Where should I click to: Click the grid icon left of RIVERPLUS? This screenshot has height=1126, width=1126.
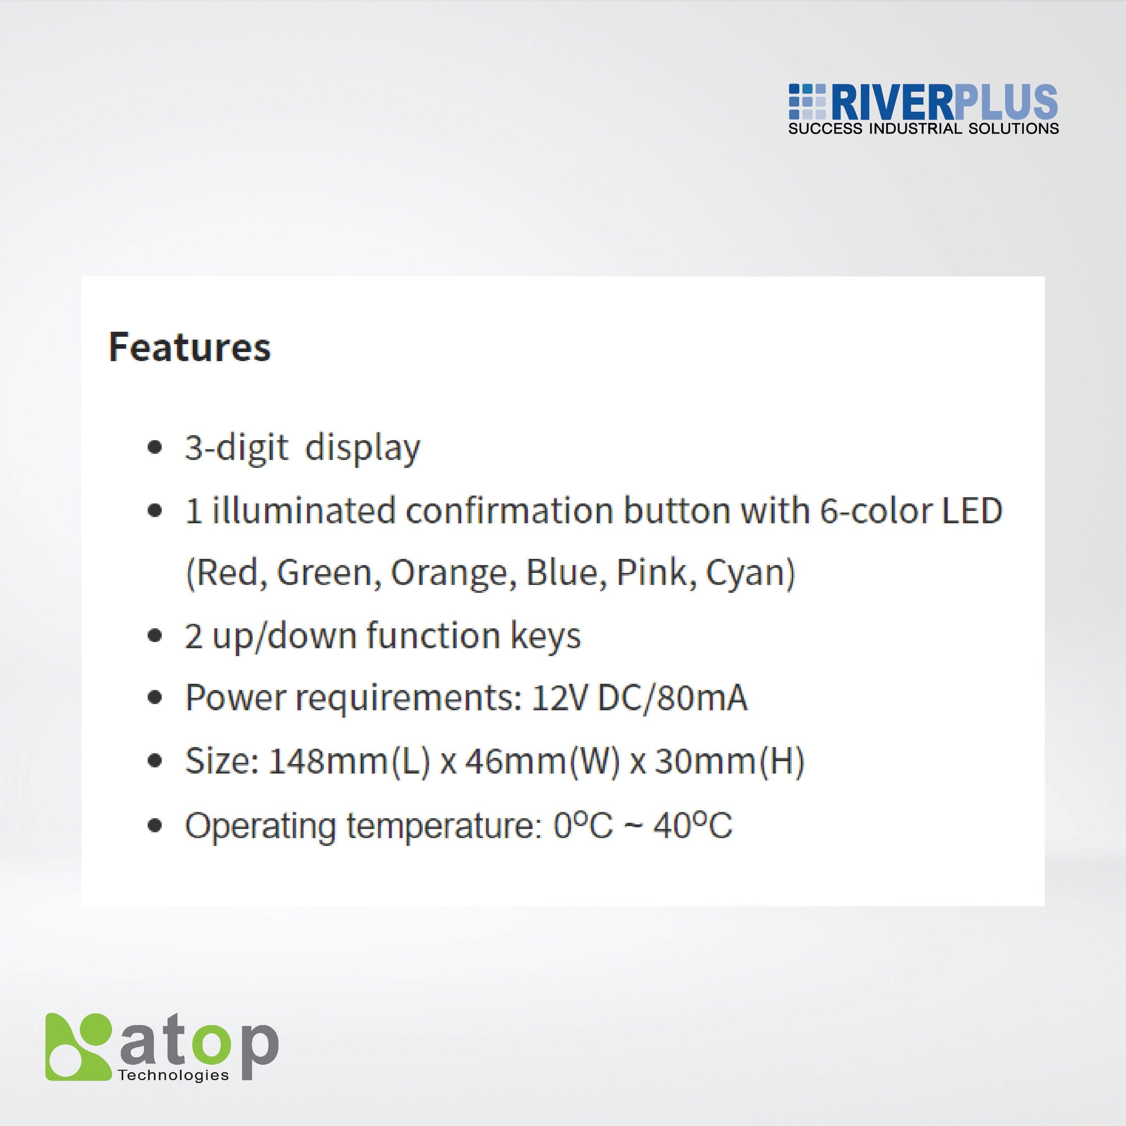tap(807, 103)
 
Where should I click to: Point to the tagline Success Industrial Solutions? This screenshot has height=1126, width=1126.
tap(923, 128)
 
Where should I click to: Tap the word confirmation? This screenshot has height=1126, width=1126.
tap(509, 510)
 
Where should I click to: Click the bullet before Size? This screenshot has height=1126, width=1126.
tap(154, 761)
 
